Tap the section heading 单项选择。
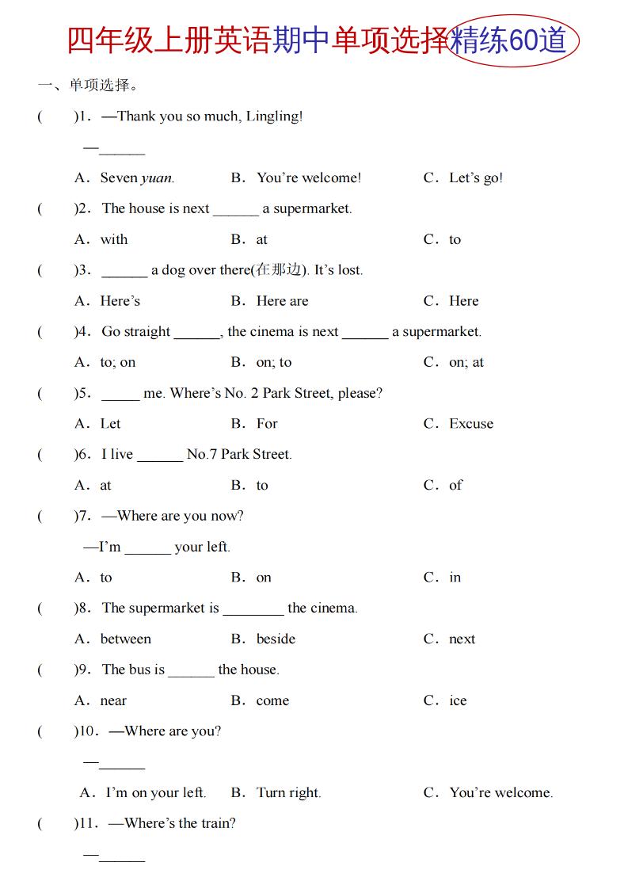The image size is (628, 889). click(105, 85)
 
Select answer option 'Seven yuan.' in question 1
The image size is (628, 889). click(137, 178)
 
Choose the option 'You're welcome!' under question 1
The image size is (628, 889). click(308, 178)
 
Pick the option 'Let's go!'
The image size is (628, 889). click(476, 178)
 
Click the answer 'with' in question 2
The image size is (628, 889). click(113, 239)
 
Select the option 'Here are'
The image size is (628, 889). click(282, 301)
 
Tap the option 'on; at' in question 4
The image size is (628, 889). click(466, 362)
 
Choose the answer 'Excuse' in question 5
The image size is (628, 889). click(471, 424)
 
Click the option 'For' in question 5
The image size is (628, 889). click(267, 424)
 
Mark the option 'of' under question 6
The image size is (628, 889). click(455, 485)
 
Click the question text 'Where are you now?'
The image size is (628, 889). click(180, 517)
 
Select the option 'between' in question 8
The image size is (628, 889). click(125, 639)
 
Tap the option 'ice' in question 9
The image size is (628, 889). click(458, 701)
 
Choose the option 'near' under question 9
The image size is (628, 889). click(113, 701)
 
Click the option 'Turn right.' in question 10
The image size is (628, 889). click(288, 793)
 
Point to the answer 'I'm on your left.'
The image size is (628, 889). click(155, 793)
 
